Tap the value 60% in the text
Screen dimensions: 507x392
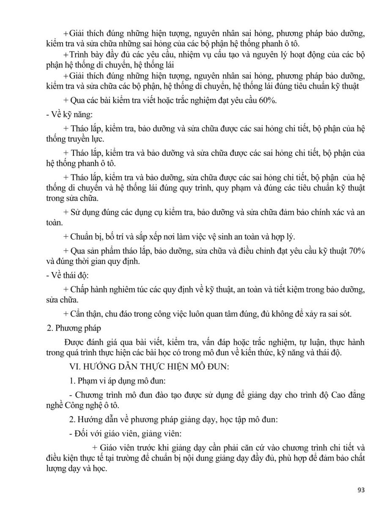(x=268, y=100)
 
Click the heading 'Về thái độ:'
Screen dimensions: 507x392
(x=68, y=275)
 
